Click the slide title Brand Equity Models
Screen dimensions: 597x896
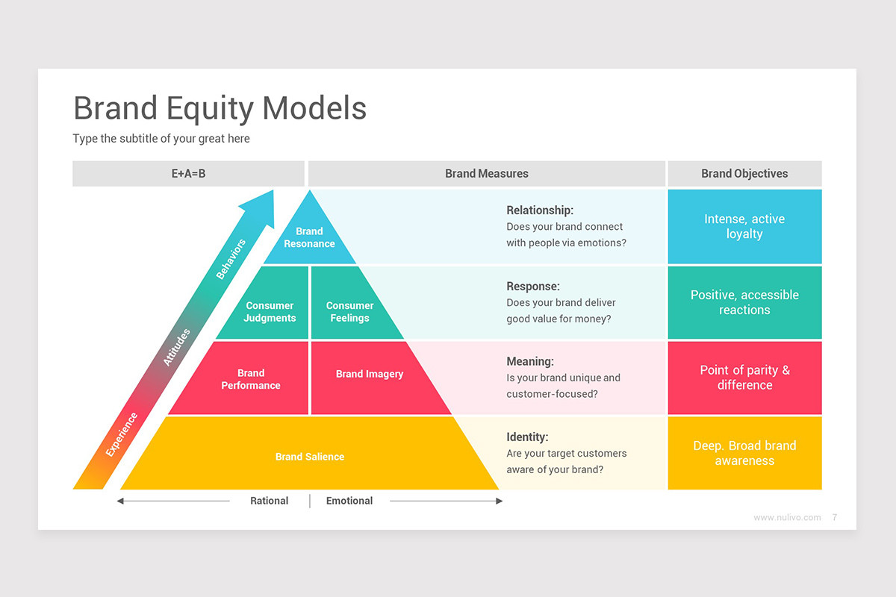[x=220, y=108]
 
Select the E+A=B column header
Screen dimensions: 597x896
[x=188, y=174]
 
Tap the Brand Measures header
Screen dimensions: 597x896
[x=486, y=174]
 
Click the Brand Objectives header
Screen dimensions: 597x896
[x=744, y=174]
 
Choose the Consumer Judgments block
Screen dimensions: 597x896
[x=270, y=311]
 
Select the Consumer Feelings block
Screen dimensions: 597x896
[x=349, y=311]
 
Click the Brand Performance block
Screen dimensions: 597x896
[x=251, y=379]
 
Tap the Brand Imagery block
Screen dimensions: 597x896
[x=369, y=374]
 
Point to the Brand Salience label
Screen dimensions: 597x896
[x=309, y=457]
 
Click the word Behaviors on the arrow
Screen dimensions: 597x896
[x=231, y=259]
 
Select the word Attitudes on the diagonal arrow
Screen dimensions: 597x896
[x=177, y=347]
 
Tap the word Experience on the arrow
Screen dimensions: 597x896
[x=122, y=434]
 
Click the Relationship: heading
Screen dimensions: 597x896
[x=540, y=210]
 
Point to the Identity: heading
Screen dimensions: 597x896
[x=527, y=437]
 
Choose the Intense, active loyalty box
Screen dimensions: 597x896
[x=744, y=226]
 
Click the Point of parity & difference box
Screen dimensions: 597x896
[x=744, y=378]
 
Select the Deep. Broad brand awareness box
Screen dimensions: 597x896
[x=744, y=453]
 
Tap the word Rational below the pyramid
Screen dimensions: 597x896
[x=269, y=501]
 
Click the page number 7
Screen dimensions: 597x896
[x=834, y=517]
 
